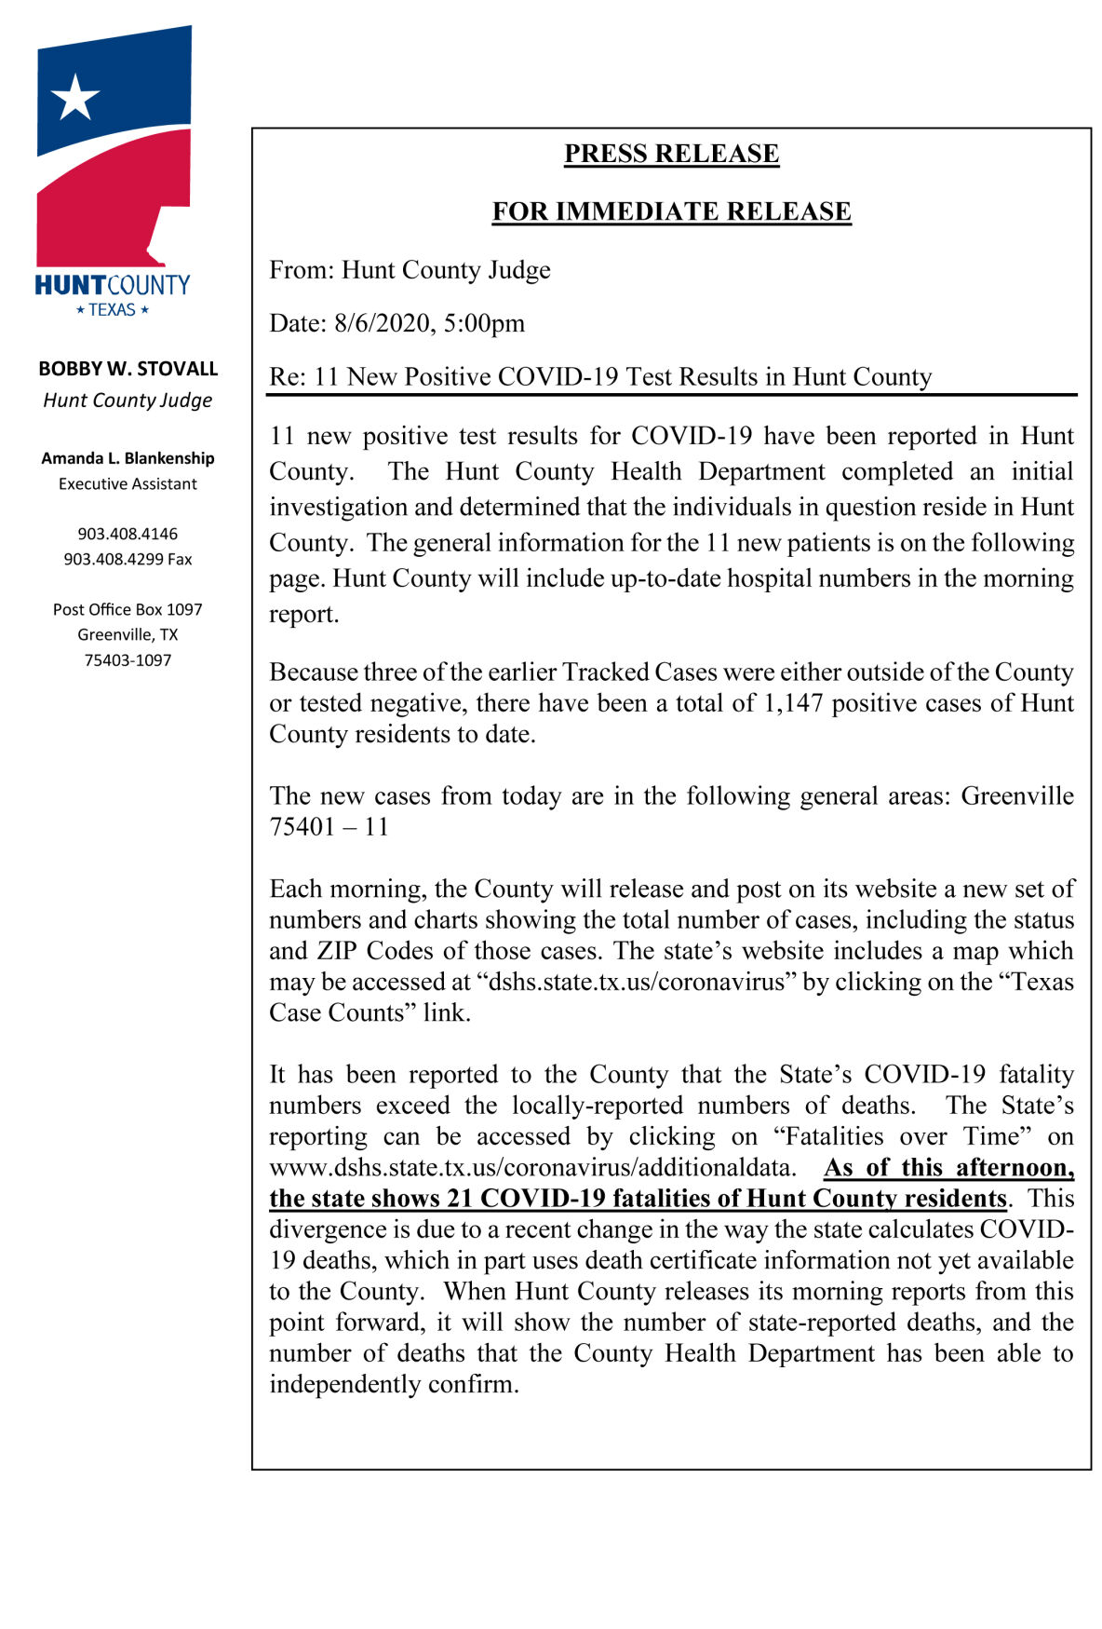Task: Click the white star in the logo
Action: (74, 97)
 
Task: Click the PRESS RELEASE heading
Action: (671, 154)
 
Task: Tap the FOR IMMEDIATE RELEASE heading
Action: (671, 211)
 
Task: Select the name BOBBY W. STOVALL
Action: (128, 369)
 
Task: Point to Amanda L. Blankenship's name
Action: (128, 458)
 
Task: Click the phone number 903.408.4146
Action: (128, 534)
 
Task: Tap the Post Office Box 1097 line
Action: (128, 609)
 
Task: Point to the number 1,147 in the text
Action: (793, 703)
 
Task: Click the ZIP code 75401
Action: (302, 827)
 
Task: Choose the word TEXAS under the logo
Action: (113, 310)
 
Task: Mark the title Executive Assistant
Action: (128, 484)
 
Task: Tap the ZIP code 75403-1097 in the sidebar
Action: (128, 660)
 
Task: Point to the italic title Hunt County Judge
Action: (128, 400)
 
